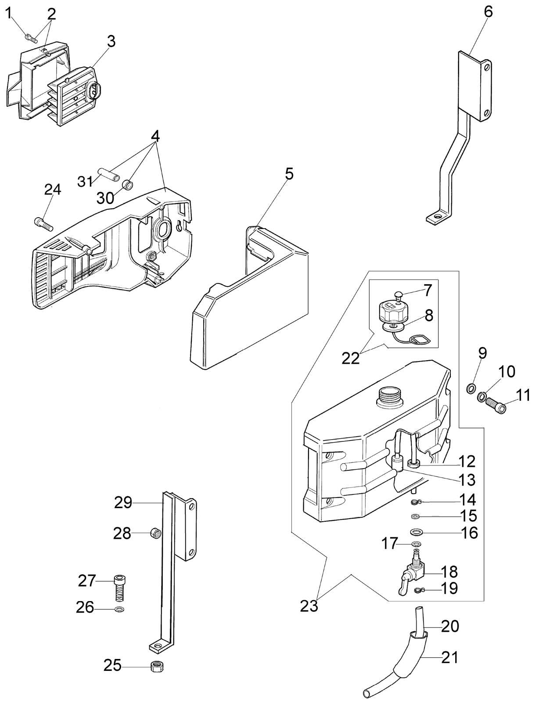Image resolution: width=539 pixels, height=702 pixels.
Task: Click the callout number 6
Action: [488, 12]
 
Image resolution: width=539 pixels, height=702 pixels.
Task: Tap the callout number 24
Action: [52, 190]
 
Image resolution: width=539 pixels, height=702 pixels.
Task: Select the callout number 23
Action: [309, 606]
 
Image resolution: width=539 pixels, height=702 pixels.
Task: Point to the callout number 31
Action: [85, 182]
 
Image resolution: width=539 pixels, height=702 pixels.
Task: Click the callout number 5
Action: [289, 174]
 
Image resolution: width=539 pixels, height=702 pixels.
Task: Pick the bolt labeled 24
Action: [43, 224]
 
